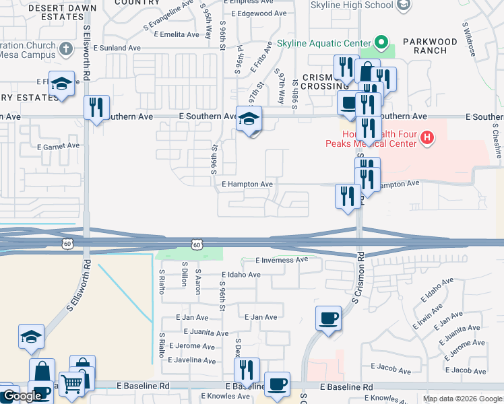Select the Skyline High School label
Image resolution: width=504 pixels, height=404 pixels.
(x=352, y=5)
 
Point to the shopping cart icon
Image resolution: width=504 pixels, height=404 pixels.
(x=71, y=383)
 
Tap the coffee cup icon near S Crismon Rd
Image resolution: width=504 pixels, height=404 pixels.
(x=328, y=318)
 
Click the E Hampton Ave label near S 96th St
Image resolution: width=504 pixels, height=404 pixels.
(x=247, y=184)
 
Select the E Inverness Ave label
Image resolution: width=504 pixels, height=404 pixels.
(x=281, y=260)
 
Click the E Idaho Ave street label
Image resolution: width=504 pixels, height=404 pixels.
(x=241, y=275)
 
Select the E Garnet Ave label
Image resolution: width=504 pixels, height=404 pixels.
(x=59, y=145)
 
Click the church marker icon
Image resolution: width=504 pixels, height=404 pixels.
(x=66, y=48)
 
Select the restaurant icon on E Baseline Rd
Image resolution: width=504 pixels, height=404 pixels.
(x=246, y=370)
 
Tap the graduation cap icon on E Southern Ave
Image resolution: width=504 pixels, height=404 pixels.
(x=249, y=119)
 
